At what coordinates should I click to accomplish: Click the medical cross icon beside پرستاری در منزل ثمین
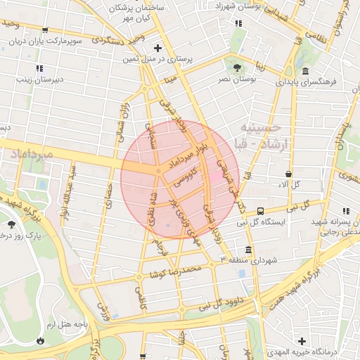click(x=157, y=49)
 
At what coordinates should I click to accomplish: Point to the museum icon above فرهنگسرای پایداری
click(x=305, y=71)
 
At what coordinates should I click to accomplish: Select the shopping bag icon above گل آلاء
click(x=289, y=173)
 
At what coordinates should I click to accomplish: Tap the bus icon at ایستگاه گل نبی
click(x=261, y=210)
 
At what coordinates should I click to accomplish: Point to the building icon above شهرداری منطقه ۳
click(x=248, y=250)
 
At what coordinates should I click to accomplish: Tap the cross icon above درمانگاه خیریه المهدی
click(x=302, y=340)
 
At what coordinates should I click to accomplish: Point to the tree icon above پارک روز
click(x=11, y=224)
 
